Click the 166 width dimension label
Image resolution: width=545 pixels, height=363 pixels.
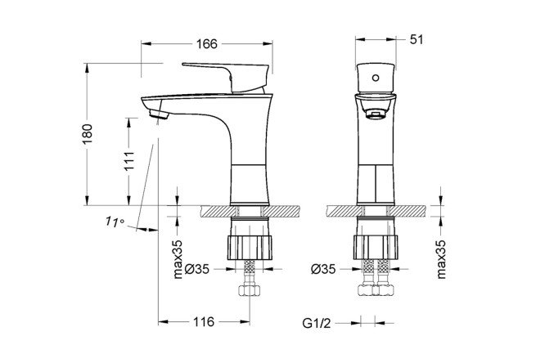[206, 45]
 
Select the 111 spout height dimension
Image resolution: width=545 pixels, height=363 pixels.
[129, 160]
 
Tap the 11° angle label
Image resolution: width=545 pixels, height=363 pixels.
[114, 222]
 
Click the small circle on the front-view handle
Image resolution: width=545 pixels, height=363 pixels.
[375, 78]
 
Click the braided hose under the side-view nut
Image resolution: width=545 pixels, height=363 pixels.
[249, 270]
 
